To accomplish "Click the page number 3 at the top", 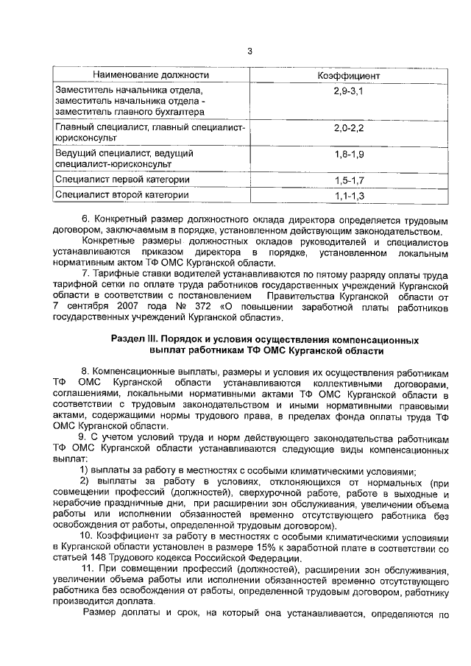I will [x=249, y=51].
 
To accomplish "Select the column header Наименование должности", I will [x=151, y=75].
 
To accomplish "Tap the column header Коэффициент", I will [x=348, y=75].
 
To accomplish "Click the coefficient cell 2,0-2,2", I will [x=349, y=127].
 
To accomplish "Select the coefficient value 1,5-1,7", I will [x=349, y=179].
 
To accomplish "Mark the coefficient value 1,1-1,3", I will [x=349, y=195].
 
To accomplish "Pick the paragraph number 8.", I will [x=85, y=371].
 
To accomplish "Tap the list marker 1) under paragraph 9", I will [x=85, y=471].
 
